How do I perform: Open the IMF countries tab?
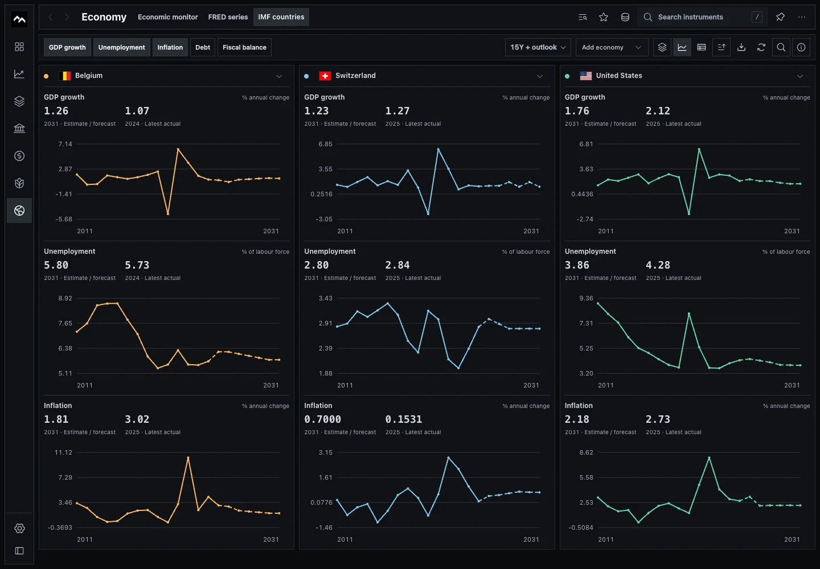point(281,17)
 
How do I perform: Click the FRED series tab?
point(228,17)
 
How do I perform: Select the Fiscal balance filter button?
point(244,47)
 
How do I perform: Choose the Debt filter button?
point(203,47)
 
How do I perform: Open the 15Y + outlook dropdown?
point(538,47)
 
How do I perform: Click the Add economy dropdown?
point(612,47)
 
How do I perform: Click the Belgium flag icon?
point(65,76)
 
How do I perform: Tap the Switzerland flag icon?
point(325,76)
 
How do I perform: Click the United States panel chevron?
point(800,76)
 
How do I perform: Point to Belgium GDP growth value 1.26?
point(56,111)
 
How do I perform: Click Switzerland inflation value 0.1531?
point(403,419)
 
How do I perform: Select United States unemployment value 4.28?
point(658,265)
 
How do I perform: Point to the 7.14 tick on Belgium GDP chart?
point(65,144)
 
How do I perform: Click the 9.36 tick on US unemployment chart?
point(586,298)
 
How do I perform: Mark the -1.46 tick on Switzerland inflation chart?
point(324,527)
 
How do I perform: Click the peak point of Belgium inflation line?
point(188,457)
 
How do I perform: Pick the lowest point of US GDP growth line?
point(689,213)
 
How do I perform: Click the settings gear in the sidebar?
point(19,528)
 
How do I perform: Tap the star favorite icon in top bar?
point(604,17)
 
